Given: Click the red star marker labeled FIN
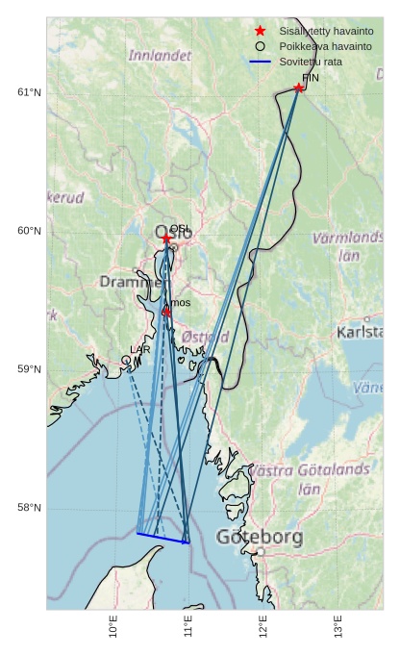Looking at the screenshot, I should tap(299, 88).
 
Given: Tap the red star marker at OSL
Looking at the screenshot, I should tap(166, 238).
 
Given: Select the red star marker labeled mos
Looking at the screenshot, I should tap(166, 312).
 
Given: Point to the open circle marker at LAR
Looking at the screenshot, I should tap(126, 360).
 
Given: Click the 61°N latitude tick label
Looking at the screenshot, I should tap(30, 92).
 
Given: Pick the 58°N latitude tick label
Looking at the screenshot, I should tap(30, 508).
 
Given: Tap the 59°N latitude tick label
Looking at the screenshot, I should tap(30, 369).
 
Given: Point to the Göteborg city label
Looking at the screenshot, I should tap(260, 537).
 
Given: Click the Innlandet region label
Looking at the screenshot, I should tap(160, 55).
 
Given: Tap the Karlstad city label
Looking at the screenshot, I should tap(361, 332).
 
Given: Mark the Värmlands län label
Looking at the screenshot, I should tap(348, 245).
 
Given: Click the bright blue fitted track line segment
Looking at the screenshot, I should tap(162, 538).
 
